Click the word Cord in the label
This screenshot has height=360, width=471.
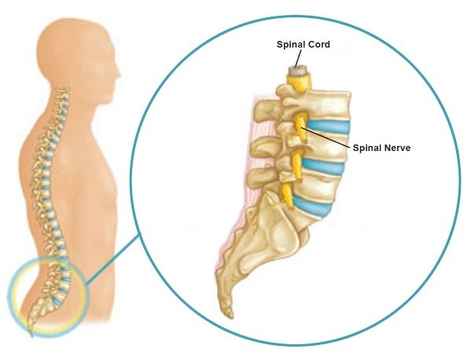click(319, 45)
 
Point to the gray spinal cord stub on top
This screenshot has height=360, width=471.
click(296, 71)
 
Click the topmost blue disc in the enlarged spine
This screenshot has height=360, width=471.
click(329, 127)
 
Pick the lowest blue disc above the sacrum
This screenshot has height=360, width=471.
click(313, 205)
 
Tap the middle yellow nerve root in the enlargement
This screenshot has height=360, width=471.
click(297, 166)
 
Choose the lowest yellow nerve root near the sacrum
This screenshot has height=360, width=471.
click(288, 196)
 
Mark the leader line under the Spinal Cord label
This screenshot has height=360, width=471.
click(298, 58)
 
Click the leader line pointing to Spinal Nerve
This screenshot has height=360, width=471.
click(326, 138)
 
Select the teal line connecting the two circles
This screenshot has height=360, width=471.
click(113, 259)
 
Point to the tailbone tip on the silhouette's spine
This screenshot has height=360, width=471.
click(31, 334)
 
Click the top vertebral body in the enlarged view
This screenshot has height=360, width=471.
click(328, 105)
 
